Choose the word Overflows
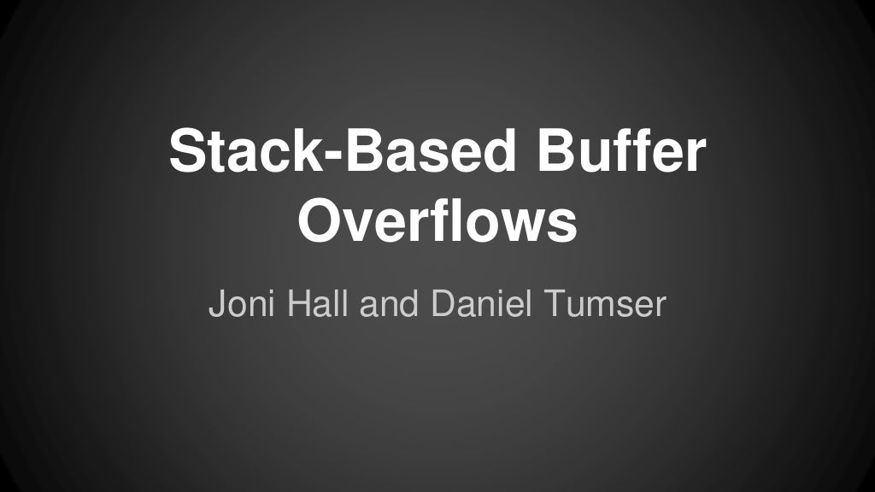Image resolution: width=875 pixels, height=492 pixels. (x=437, y=222)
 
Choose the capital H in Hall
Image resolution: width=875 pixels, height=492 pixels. (x=301, y=303)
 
